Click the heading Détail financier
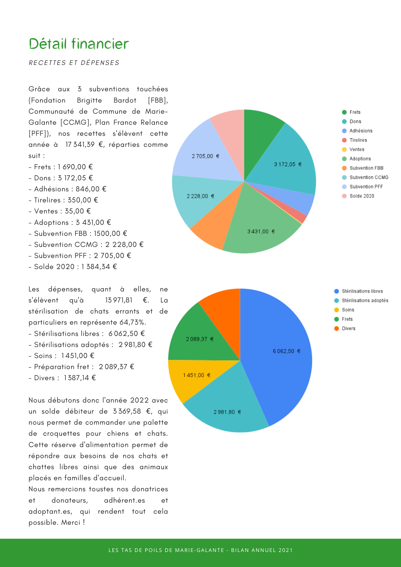point(79,44)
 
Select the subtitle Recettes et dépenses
point(74,63)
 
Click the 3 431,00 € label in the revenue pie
point(261,231)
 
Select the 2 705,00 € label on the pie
point(205,156)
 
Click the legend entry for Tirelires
point(358,140)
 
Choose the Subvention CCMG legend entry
point(368,177)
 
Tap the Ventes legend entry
point(356,149)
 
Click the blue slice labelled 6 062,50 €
point(286,351)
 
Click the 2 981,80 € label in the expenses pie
point(227,412)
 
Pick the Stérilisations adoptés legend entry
point(365,301)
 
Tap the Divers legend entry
point(348,328)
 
